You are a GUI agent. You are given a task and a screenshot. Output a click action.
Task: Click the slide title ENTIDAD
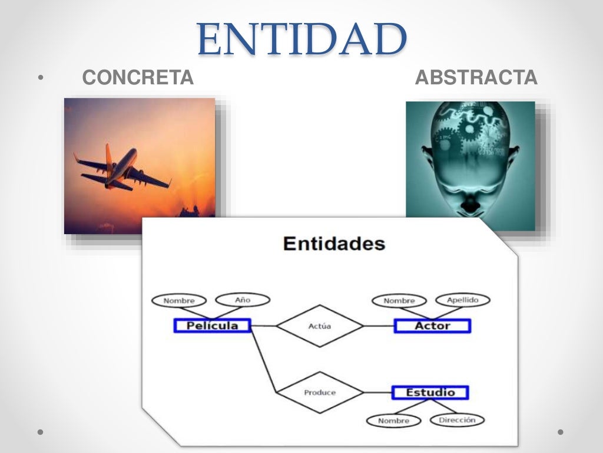point(302,38)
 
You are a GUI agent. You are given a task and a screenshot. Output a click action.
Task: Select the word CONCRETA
point(138,77)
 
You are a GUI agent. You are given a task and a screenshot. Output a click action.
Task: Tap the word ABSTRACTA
point(476,77)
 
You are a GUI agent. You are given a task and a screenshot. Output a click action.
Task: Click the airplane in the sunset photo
point(121,169)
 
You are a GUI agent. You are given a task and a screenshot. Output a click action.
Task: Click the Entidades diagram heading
point(334,244)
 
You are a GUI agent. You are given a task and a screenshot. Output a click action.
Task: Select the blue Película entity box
point(213,326)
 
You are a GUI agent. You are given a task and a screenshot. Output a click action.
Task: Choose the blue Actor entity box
point(432,326)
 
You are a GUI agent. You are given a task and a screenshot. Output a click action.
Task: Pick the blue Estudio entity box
point(430,392)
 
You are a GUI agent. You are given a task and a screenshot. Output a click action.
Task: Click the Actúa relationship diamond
point(320,326)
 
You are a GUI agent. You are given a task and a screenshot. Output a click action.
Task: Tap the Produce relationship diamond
point(320,392)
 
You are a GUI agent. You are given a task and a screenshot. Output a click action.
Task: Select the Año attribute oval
point(243,300)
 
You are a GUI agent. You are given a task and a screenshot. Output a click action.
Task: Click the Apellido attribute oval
point(462,300)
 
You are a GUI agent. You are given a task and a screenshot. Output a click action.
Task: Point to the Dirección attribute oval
point(457,420)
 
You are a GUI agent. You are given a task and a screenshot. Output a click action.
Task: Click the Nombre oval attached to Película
point(179,301)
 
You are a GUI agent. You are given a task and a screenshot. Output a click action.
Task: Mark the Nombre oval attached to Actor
point(399,301)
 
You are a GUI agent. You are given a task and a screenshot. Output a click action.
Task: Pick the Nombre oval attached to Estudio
point(393,421)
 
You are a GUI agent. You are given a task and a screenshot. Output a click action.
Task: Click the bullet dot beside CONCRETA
point(40,77)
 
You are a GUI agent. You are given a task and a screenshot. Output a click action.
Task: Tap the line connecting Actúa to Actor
point(379,326)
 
